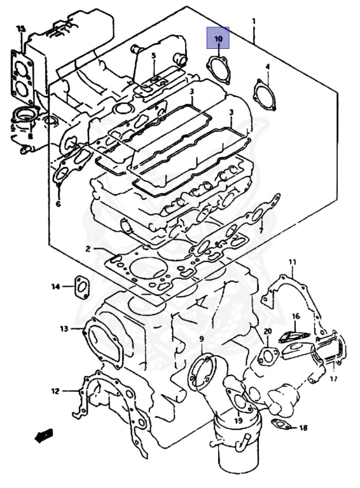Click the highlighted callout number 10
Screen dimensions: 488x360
218,39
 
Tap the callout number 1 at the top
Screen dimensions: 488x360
254,22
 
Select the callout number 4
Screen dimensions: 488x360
268,67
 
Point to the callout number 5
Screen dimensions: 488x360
153,57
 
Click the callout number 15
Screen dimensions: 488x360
21,29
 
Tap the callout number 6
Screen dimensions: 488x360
58,204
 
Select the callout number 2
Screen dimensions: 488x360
88,248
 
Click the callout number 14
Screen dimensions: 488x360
55,287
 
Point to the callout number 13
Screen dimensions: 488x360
64,329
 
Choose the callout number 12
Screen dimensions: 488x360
55,391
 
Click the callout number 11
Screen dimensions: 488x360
292,262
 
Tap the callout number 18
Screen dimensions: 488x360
303,428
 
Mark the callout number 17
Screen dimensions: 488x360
333,379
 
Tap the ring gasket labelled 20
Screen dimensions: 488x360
267,357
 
